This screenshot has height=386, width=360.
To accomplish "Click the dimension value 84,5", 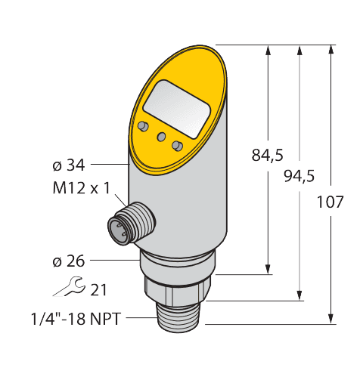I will pos(267,156).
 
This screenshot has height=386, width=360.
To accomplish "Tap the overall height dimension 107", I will pos(331,202).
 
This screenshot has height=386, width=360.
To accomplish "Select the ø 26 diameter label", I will pos(68,261).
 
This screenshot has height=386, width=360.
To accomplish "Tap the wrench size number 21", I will pos(99,289).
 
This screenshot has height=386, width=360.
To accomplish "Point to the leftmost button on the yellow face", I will pos(143,125).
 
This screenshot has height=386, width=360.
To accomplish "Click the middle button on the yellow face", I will pos(160,135).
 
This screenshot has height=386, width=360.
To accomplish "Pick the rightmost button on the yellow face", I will pos(177,145).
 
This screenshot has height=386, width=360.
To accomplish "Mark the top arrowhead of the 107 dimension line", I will pos(331,49).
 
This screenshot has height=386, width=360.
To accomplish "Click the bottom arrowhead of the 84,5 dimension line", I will pos(267,270).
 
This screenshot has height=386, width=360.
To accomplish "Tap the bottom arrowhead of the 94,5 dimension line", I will pos(300,295).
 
